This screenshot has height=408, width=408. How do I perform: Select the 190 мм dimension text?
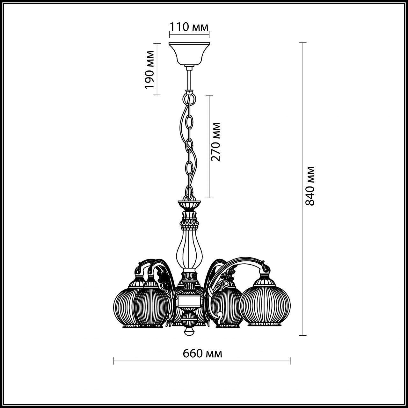tap(149, 69)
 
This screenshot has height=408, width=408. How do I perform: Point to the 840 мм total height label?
tap(310, 186)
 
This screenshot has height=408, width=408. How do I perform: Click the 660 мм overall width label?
tap(202, 353)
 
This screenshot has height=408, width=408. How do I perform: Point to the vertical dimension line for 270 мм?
tap(209, 146)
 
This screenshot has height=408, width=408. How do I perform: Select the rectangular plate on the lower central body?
tap(189, 300)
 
